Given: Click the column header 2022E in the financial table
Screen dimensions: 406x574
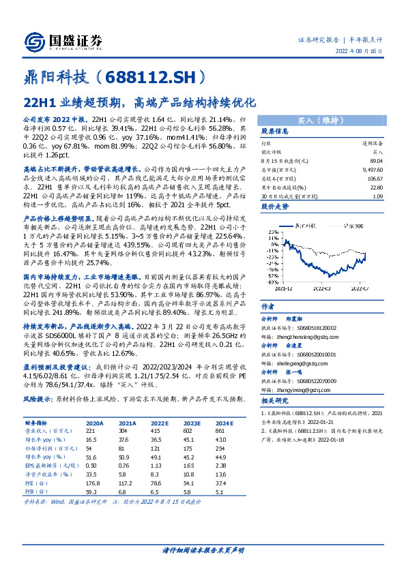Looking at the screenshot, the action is [x=160, y=423].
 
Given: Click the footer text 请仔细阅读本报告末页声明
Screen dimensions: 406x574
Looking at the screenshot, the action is [x=203, y=549].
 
